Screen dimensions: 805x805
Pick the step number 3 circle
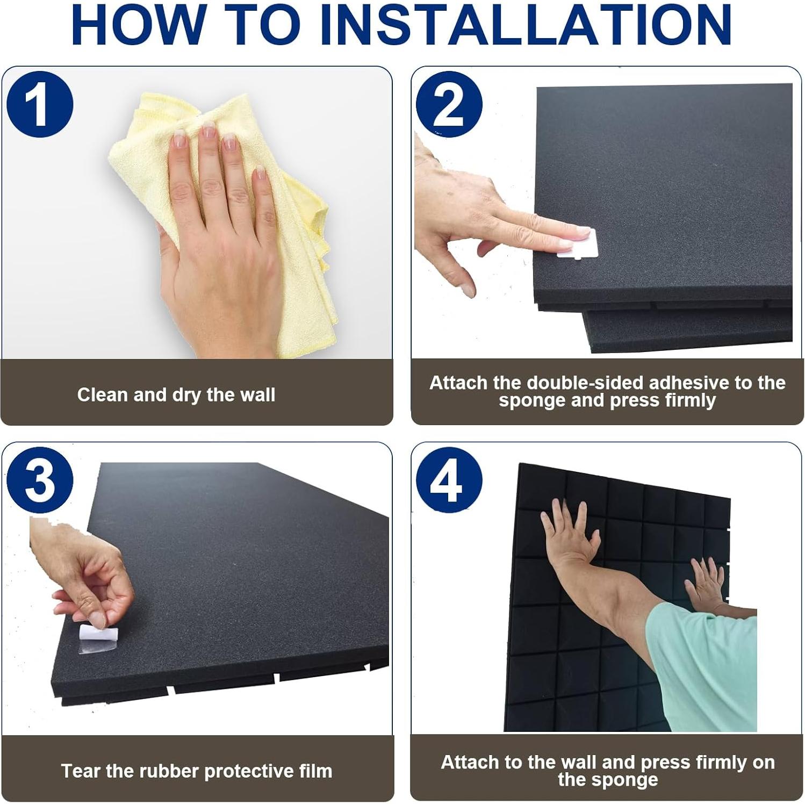coord(40,480)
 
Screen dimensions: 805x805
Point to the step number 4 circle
coord(449,480)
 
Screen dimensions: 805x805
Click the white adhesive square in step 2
coord(578,245)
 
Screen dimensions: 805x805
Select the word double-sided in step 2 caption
coord(586,383)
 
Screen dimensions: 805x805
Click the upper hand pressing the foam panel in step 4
coord(570,532)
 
